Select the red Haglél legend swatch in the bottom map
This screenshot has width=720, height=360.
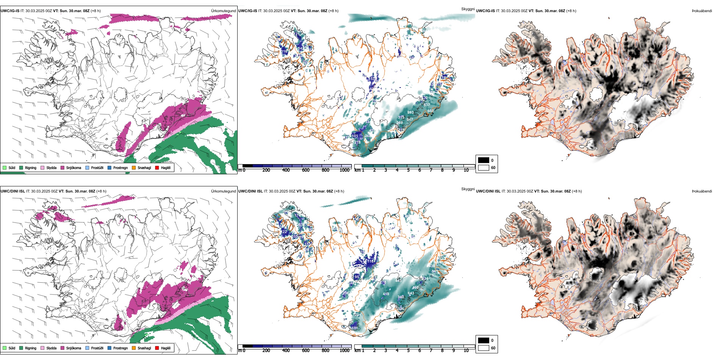point(157,348)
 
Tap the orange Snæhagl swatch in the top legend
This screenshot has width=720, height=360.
point(134,167)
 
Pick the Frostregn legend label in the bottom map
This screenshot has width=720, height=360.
point(120,348)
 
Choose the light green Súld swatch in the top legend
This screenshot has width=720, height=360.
point(5,167)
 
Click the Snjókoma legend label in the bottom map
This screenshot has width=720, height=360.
point(74,348)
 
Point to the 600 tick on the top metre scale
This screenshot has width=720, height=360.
point(306,170)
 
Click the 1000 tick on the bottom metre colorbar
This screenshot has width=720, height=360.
point(344,351)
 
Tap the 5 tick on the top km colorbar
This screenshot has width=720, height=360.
point(409,170)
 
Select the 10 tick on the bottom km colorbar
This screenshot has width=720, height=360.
point(466,351)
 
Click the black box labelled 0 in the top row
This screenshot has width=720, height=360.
point(484,160)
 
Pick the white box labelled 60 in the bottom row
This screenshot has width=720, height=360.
point(484,347)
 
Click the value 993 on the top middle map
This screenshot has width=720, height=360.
point(410,113)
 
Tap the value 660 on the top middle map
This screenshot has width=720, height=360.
point(430,111)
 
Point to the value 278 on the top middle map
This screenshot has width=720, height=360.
point(357,142)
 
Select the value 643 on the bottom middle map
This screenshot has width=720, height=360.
point(411,293)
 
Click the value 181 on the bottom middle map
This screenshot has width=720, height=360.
point(355,328)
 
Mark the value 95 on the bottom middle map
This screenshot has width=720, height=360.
point(357,277)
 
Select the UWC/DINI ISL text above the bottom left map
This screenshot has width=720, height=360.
point(13,191)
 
